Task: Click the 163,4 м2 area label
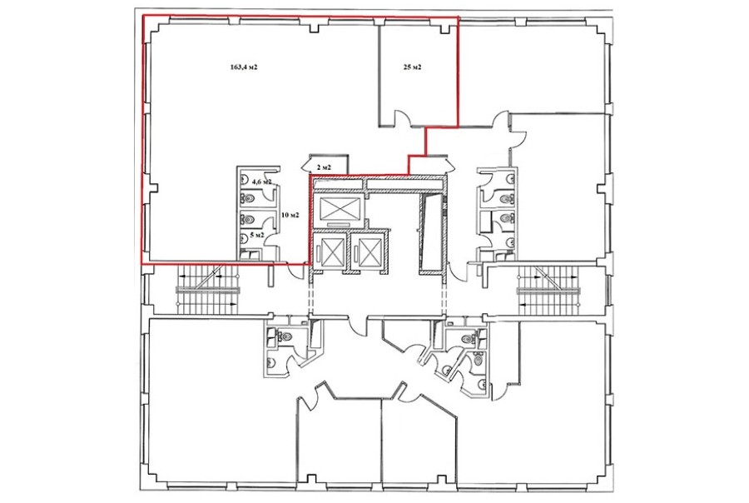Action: point(244,67)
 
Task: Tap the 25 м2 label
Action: point(412,67)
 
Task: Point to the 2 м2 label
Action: point(324,167)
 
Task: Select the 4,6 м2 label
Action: point(262,182)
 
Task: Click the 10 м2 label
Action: point(290,215)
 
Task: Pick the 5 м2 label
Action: point(257,235)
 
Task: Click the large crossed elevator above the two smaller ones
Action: point(339,208)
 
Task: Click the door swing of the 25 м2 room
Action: point(402,118)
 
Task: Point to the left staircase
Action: point(208,290)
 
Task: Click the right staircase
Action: point(548,290)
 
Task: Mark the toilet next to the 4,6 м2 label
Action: point(247,197)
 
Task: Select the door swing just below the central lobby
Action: point(358,326)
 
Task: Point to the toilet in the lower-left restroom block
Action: point(285,336)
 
